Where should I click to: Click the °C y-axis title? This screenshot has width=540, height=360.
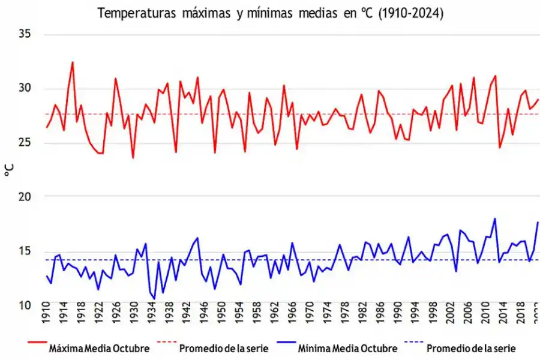(x=8, y=170)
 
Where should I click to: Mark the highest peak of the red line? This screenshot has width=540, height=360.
(x=73, y=62)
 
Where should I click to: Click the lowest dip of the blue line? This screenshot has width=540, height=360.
(x=154, y=299)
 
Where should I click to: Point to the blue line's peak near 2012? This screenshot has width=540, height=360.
(x=495, y=218)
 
